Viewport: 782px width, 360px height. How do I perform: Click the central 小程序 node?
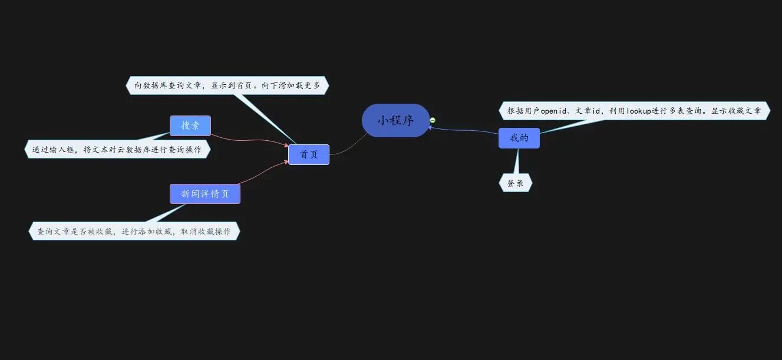(x=395, y=121)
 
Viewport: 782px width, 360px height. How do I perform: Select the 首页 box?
(x=309, y=154)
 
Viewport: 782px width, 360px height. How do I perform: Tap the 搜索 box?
(x=190, y=125)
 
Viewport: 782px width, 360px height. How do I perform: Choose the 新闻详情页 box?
(x=204, y=194)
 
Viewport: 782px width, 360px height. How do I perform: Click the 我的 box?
(x=519, y=138)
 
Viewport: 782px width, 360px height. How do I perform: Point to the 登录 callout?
(x=516, y=183)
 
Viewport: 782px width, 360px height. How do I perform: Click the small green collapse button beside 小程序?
(x=433, y=120)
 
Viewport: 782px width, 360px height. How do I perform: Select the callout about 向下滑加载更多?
(x=227, y=85)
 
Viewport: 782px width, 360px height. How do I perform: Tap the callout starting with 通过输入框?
(x=117, y=150)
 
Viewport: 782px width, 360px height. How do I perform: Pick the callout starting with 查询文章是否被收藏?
(x=134, y=232)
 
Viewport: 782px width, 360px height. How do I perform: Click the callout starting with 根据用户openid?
(x=634, y=110)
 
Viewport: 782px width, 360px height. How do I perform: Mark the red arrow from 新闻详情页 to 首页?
(x=262, y=171)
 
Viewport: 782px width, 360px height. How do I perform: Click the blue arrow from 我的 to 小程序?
(x=466, y=130)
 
